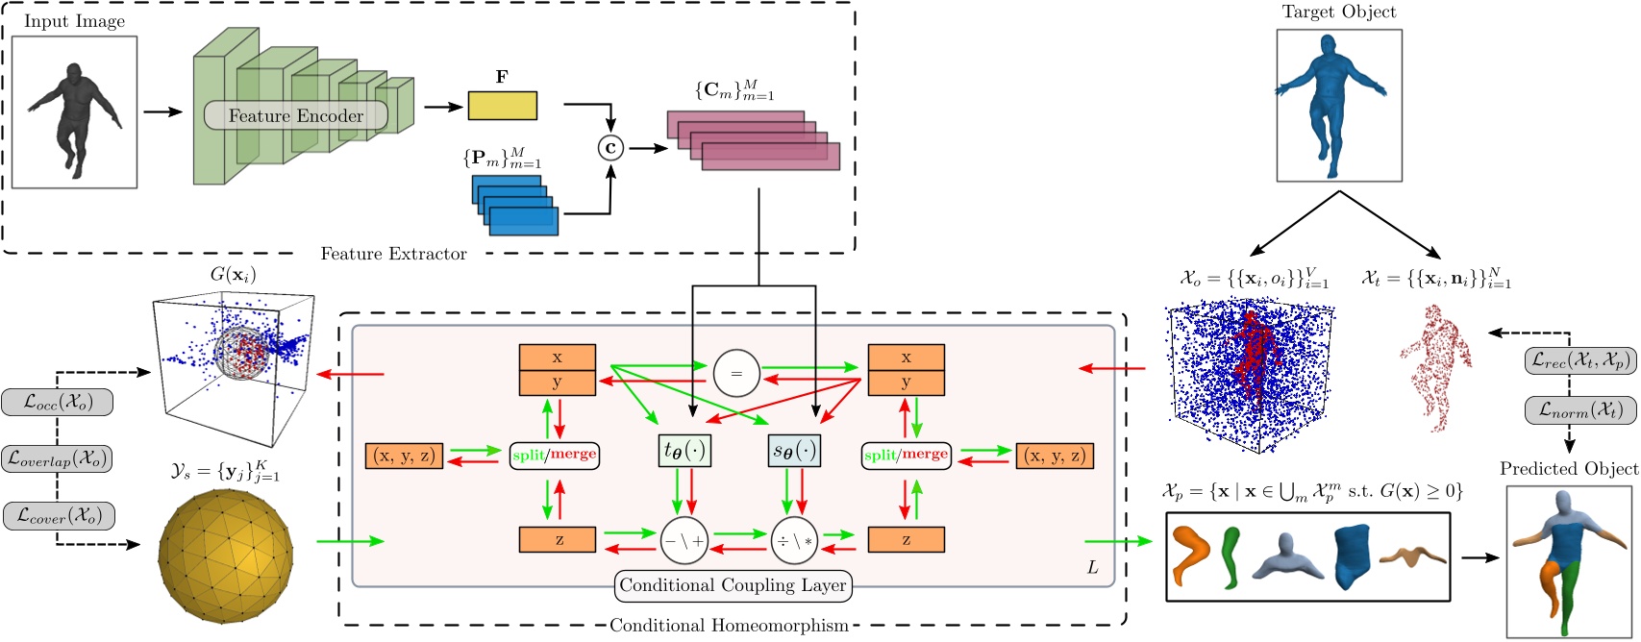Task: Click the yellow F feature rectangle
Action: [x=502, y=105]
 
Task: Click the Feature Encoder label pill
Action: [x=296, y=116]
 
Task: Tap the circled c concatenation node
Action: [x=609, y=148]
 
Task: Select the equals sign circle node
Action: [x=736, y=372]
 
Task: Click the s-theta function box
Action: [x=794, y=452]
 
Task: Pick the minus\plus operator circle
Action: [x=684, y=541]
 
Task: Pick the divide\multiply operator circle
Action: [x=794, y=541]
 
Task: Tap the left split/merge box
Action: [x=554, y=455]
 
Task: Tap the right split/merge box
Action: [x=906, y=455]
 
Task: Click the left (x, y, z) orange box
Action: [x=404, y=455]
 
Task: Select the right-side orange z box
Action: [x=906, y=540]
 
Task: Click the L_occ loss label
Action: [x=58, y=402]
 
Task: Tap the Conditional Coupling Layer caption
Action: [x=733, y=584]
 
